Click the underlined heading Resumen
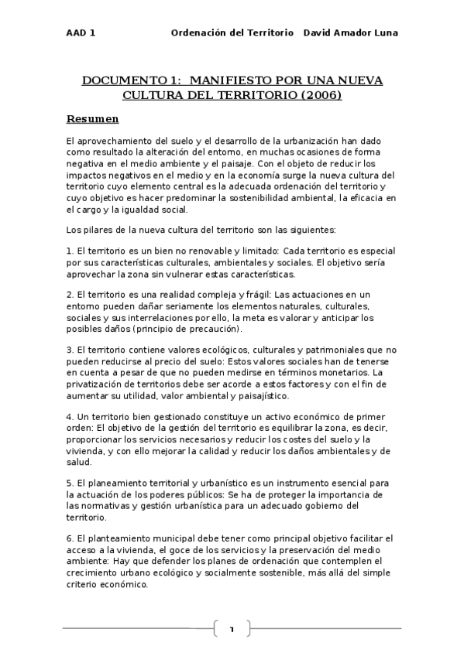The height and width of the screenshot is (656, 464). pos(92,119)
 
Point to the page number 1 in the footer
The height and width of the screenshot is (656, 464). pos(231,629)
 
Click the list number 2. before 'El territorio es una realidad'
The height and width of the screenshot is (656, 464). pos(70,294)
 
